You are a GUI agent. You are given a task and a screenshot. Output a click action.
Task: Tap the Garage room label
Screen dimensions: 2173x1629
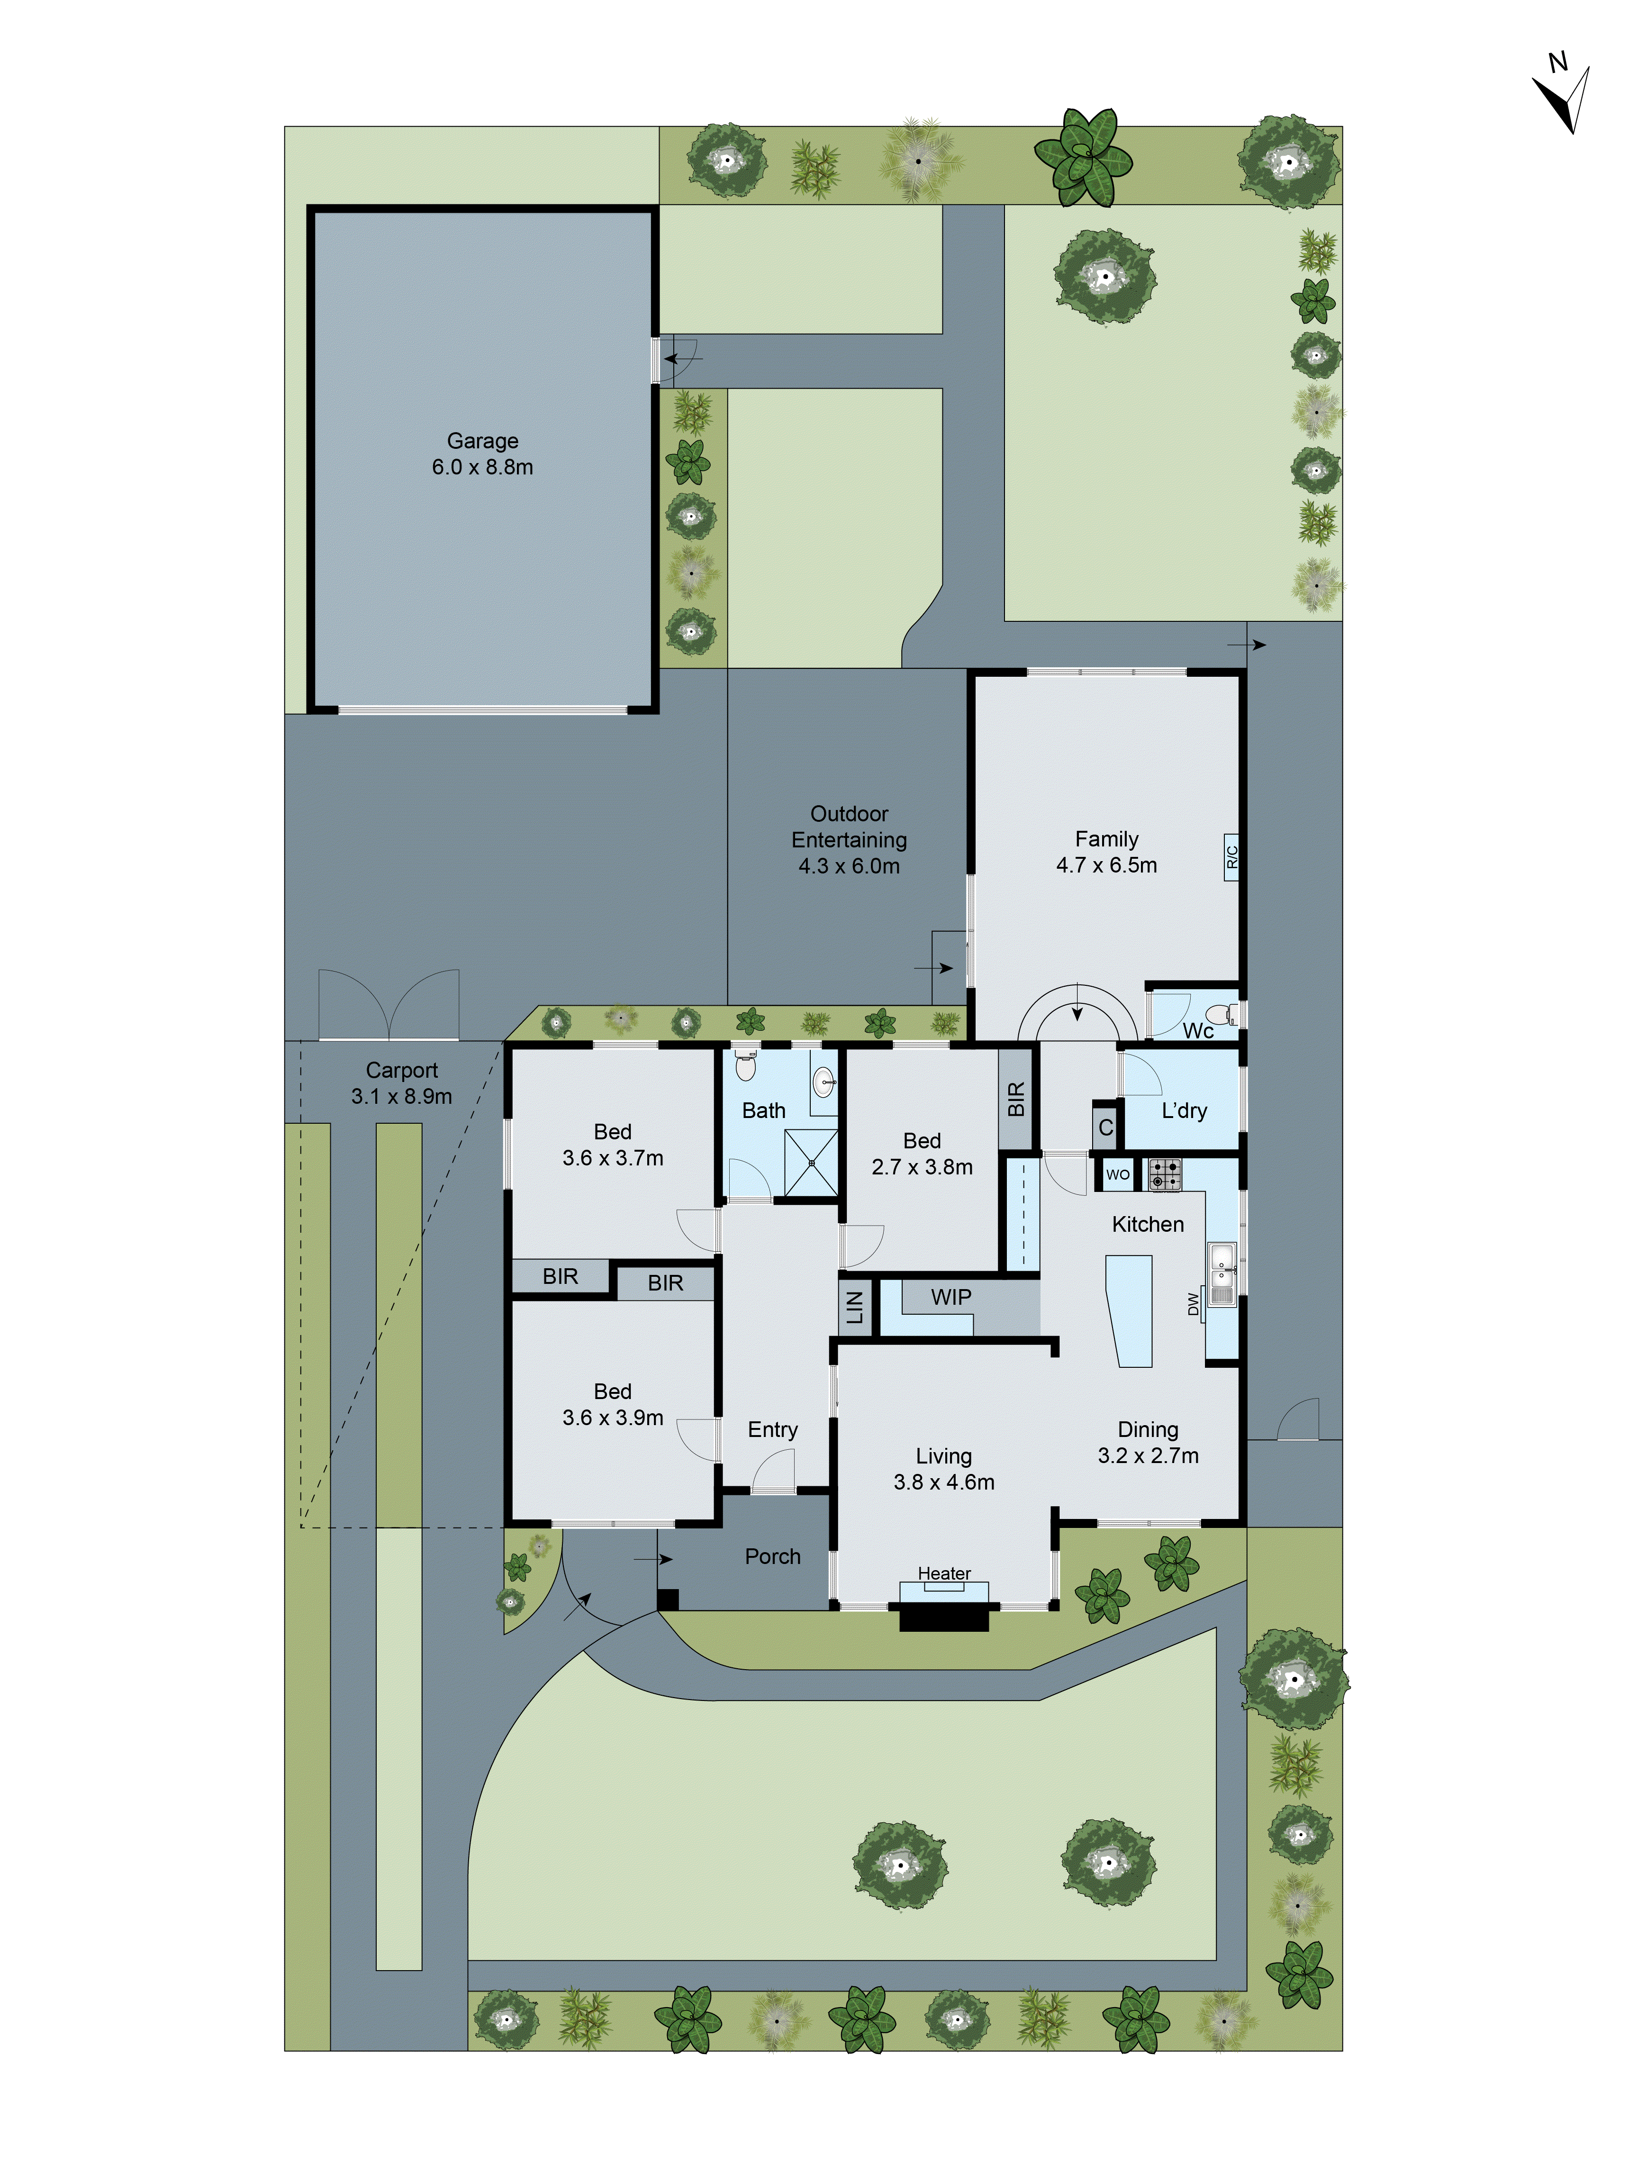[x=482, y=441]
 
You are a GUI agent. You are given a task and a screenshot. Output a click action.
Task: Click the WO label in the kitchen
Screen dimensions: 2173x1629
[x=1117, y=1175]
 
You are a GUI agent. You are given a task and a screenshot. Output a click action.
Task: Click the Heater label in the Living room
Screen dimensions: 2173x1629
[x=944, y=1573]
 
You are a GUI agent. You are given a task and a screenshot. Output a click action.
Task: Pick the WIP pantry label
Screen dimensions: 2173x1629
[x=950, y=1297]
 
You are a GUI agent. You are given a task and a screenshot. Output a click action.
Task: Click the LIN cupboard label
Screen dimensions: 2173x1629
[x=854, y=1307]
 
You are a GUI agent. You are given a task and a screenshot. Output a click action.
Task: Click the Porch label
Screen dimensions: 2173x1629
[x=773, y=1556]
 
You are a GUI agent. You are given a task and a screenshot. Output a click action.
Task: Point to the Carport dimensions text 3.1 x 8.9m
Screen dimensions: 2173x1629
[x=402, y=1096]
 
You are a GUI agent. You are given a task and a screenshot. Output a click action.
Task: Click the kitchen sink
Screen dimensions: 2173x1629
[x=1222, y=1263]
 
